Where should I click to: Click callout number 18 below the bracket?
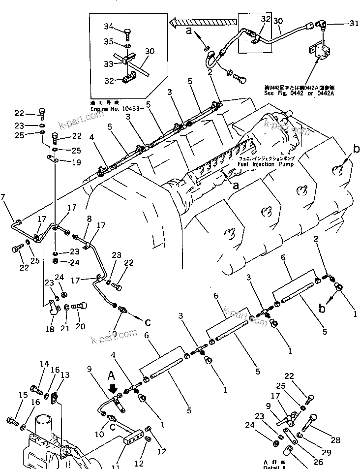50,329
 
